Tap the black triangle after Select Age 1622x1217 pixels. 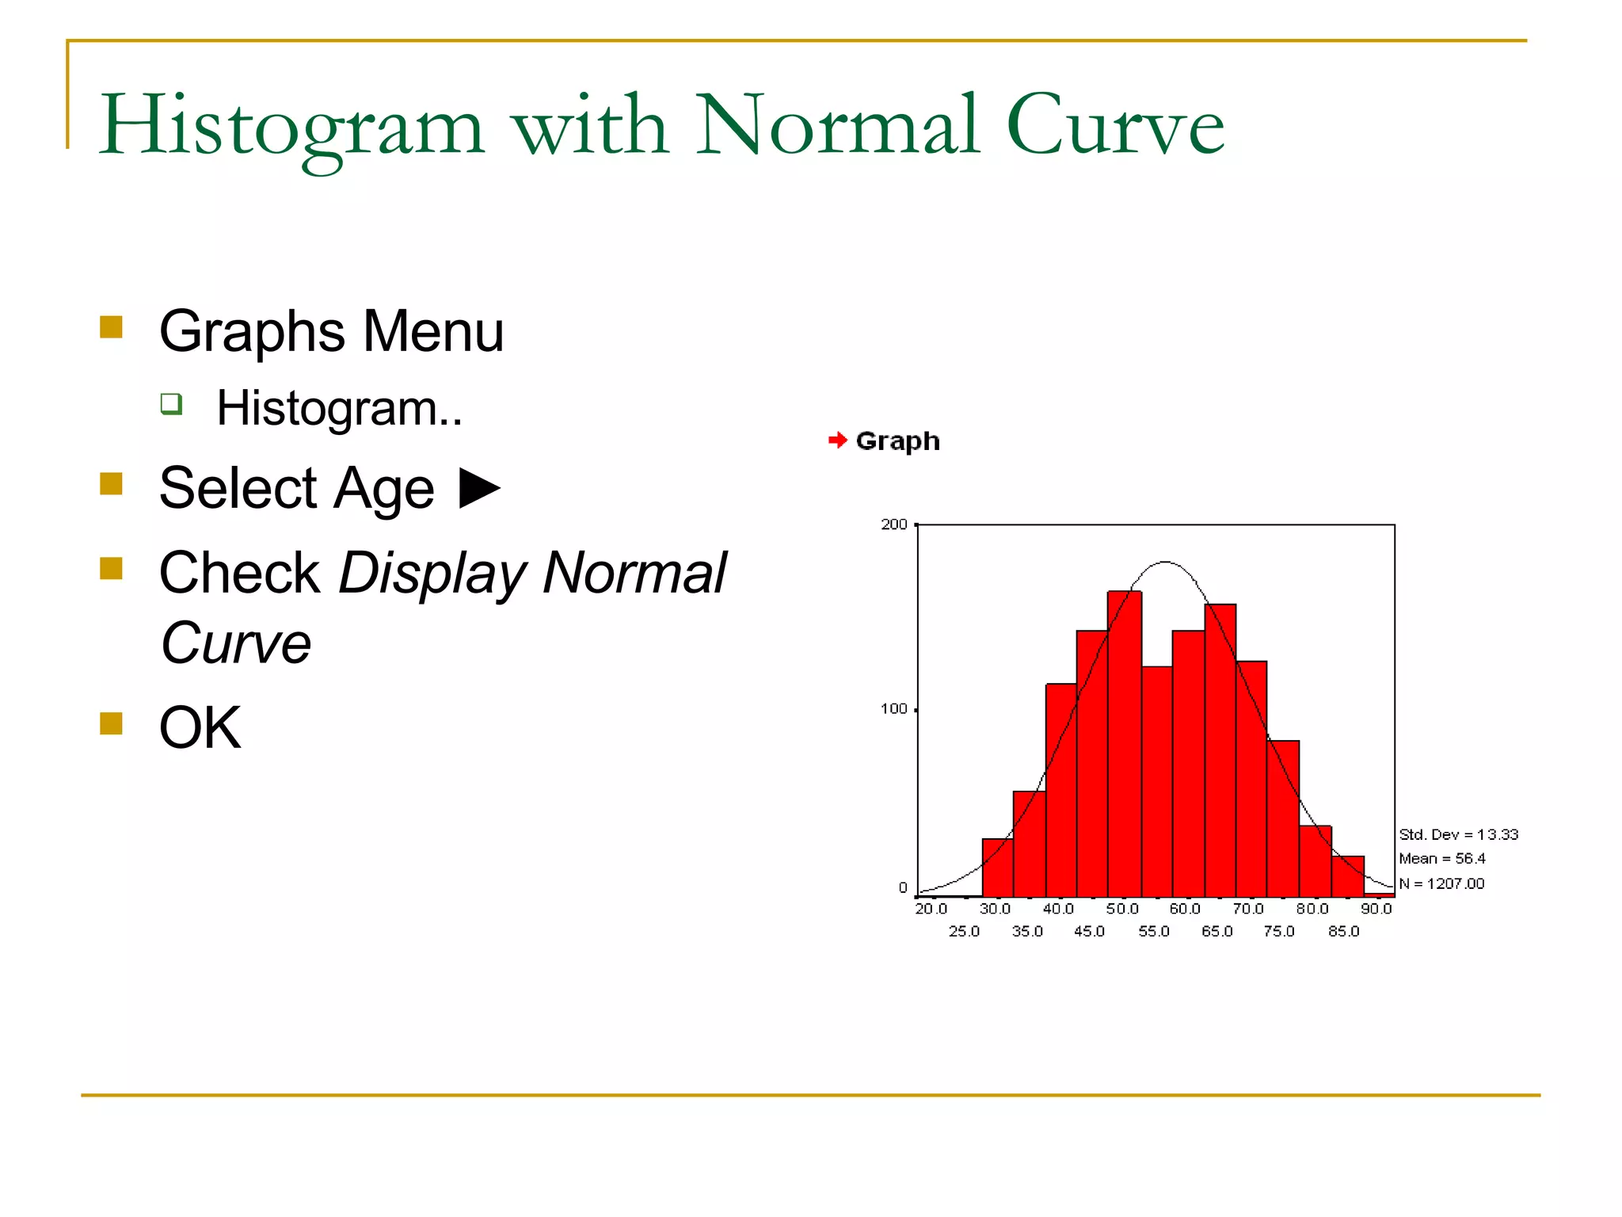click(x=480, y=488)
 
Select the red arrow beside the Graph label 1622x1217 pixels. click(x=837, y=441)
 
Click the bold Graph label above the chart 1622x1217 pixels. click(x=897, y=441)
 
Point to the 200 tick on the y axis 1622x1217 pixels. click(x=894, y=525)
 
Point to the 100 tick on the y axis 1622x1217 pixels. click(x=894, y=709)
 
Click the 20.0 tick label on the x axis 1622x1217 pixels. click(x=931, y=909)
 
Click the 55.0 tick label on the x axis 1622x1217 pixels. click(x=1153, y=931)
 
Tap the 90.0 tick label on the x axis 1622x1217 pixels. click(x=1376, y=909)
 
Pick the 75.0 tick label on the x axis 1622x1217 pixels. click(x=1279, y=931)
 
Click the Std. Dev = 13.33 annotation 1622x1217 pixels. click(x=1458, y=834)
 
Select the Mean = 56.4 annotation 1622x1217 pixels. click(x=1441, y=859)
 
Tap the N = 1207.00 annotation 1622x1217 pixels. click(x=1441, y=883)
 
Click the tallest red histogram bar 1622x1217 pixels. click(x=1125, y=745)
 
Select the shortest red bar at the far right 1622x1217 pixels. click(x=1379, y=895)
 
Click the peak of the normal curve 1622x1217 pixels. click(x=1165, y=563)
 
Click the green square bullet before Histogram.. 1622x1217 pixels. click(x=171, y=404)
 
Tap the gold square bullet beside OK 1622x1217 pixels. click(x=112, y=724)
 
